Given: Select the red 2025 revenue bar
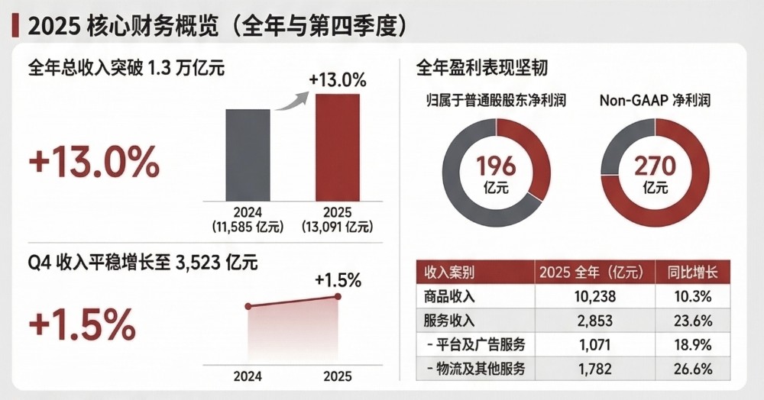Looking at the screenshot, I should click(x=337, y=147).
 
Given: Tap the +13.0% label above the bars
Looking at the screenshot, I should click(x=338, y=79).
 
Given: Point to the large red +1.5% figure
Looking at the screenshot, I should click(x=81, y=325).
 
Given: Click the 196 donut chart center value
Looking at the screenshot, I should click(x=496, y=166).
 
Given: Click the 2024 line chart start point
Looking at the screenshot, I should click(x=248, y=306).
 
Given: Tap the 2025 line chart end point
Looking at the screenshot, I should click(x=338, y=297).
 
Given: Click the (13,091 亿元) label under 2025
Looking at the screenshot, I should click(x=337, y=227).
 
